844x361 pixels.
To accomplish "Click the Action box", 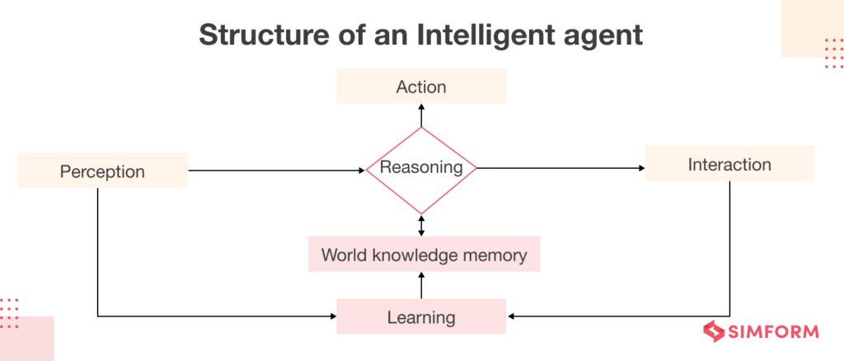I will [x=421, y=86].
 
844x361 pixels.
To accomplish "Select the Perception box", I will [x=102, y=171].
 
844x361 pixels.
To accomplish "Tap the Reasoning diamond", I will [x=421, y=168].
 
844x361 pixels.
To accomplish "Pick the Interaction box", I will [x=729, y=164].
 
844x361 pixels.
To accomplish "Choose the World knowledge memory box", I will [x=424, y=255].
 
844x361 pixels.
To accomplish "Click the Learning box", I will [x=421, y=316].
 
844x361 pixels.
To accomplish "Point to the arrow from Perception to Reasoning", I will [x=276, y=171].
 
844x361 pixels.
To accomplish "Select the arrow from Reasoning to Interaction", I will [x=560, y=169].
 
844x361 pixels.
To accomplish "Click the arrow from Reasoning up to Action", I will [x=421, y=115].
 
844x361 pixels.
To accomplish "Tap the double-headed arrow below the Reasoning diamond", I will [x=421, y=226].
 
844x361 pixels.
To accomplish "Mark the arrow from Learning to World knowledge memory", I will [x=421, y=285].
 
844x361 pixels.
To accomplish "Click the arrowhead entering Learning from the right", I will [x=512, y=316].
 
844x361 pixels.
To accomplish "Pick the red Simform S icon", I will [x=711, y=331].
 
